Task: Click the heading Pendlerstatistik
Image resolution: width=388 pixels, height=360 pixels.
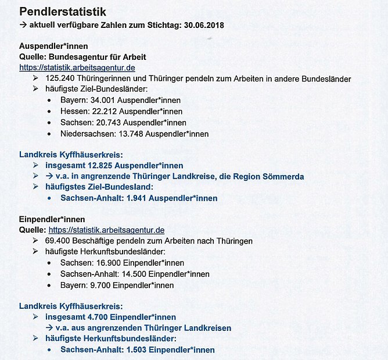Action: tap(66, 11)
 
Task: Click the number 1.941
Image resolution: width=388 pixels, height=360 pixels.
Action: tap(126, 198)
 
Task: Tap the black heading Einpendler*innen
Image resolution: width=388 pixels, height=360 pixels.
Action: tap(52, 219)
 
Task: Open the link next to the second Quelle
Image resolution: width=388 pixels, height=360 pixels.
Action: tap(106, 230)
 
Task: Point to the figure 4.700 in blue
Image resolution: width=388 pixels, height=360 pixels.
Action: tap(93, 317)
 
